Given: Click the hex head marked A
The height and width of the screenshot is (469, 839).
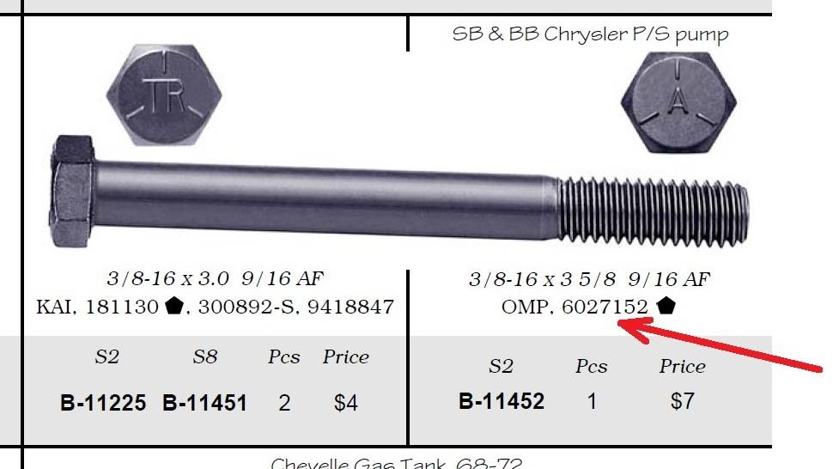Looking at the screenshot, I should pyautogui.click(x=678, y=100).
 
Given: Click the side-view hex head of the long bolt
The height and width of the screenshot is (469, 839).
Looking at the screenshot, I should pyautogui.click(x=73, y=193).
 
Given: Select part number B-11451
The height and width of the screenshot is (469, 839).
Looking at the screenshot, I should pyautogui.click(x=204, y=403).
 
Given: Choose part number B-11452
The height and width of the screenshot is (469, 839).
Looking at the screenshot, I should pyautogui.click(x=502, y=401).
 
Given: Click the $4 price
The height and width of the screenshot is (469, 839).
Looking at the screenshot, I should pyautogui.click(x=345, y=403).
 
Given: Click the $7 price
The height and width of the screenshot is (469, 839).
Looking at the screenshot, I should pyautogui.click(x=682, y=401).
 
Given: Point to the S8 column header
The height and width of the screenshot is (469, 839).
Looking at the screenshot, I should pyautogui.click(x=204, y=357).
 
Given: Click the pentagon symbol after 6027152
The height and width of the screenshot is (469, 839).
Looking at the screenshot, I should pyautogui.click(x=666, y=306).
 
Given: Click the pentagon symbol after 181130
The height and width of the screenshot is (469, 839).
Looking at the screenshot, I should pyautogui.click(x=174, y=306).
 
